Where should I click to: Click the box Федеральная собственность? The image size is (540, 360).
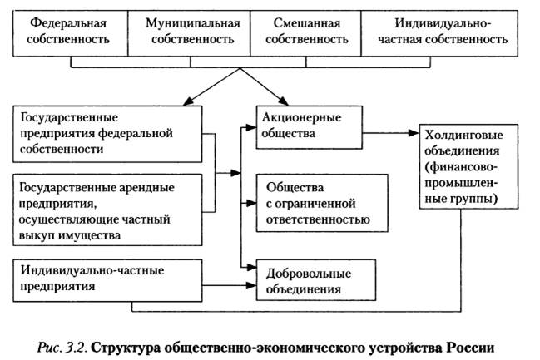(x=71, y=31)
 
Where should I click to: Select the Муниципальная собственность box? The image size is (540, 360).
(x=191, y=31)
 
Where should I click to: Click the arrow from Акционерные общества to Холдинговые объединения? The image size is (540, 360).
(x=391, y=131)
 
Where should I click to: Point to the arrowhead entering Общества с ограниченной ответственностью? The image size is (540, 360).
(x=249, y=202)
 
